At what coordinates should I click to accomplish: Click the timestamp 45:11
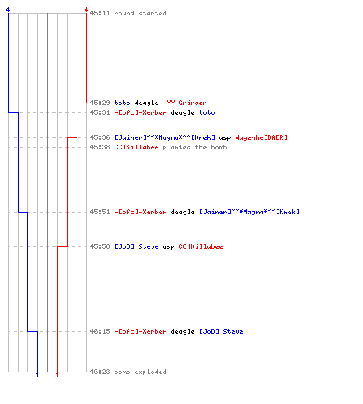[100, 13]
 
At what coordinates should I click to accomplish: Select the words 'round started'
[140, 13]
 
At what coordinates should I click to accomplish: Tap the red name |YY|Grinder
[186, 103]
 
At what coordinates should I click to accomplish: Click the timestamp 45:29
[100, 103]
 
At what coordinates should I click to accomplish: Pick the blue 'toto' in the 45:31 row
[207, 112]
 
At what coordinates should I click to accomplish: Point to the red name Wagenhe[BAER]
[261, 137]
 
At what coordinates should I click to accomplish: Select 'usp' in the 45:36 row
[225, 138]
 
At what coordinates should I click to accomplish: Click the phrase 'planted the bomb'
[194, 147]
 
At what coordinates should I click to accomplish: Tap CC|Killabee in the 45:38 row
[136, 147]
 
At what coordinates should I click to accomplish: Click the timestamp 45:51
[100, 212]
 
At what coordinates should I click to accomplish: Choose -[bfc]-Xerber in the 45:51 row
[140, 212]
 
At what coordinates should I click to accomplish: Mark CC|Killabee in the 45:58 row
[201, 246]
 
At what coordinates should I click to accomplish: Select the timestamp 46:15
[100, 331]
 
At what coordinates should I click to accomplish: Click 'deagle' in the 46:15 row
[182, 331]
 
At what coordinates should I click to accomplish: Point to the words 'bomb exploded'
[140, 372]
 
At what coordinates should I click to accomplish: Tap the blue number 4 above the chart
[8, 10]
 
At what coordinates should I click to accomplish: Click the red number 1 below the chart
[57, 375]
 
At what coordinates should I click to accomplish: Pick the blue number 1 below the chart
[37, 375]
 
